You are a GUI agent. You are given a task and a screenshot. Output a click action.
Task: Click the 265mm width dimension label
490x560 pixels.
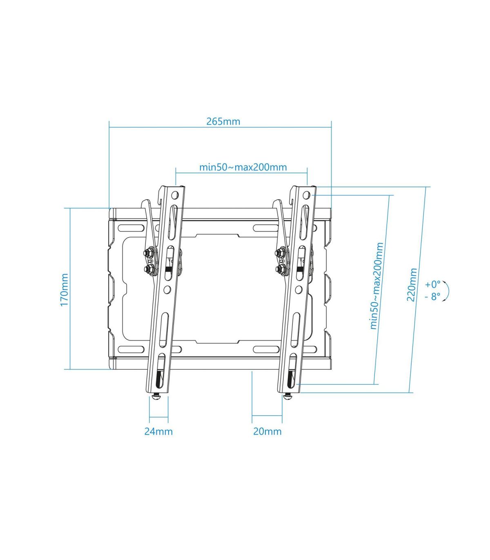(223, 121)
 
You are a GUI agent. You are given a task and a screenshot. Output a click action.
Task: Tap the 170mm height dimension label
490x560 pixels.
(64, 290)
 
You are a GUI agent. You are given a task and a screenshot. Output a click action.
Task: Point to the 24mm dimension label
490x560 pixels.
(158, 431)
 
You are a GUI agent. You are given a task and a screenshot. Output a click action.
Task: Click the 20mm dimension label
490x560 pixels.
(267, 431)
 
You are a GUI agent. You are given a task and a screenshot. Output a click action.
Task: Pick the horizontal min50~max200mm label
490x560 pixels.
(243, 167)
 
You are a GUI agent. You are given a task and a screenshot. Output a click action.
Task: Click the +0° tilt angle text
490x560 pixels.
(432, 284)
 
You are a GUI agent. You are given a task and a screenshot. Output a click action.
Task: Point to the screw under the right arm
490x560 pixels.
(288, 396)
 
